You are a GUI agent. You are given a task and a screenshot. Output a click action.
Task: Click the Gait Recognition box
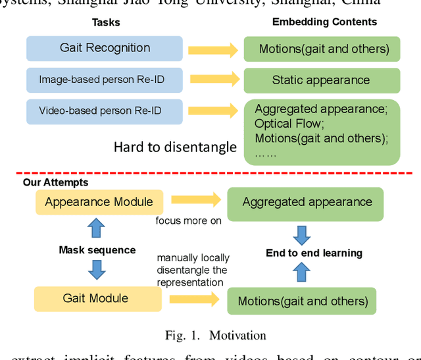(105, 49)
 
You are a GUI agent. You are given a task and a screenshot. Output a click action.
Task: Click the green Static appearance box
(320, 80)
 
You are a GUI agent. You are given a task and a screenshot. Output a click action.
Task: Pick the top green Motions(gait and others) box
(323, 49)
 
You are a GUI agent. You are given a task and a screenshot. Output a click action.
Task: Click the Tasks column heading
(105, 22)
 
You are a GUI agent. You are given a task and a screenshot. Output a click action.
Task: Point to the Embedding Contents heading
(324, 22)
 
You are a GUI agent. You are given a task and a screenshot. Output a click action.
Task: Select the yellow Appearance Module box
(99, 202)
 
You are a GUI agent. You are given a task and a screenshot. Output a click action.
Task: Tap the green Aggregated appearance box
(307, 203)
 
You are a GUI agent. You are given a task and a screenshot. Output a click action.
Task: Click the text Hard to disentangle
(174, 147)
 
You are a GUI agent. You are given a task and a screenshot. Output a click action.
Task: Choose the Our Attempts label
(55, 182)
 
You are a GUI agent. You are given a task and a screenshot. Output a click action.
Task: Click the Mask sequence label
(97, 250)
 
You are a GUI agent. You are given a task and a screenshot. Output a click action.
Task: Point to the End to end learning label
(314, 253)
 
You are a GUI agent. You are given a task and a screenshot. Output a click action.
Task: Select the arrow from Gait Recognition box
(212, 49)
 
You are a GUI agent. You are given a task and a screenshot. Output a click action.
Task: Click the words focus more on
(188, 220)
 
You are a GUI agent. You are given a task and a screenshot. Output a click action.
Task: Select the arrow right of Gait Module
(194, 299)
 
